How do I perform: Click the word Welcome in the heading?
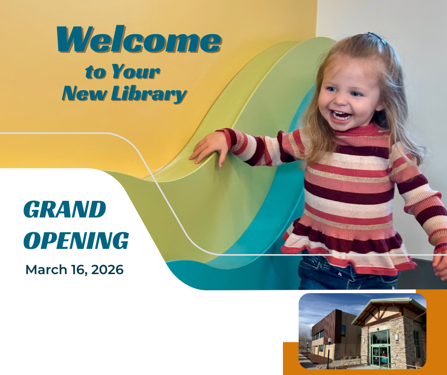(139, 39)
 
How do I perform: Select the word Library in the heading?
(149, 94)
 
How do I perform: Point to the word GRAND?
(65, 209)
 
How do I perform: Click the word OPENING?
(76, 240)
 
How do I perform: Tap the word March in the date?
(46, 270)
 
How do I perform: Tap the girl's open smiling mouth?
(340, 115)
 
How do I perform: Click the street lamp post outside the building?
(329, 353)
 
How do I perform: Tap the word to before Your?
(94, 72)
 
